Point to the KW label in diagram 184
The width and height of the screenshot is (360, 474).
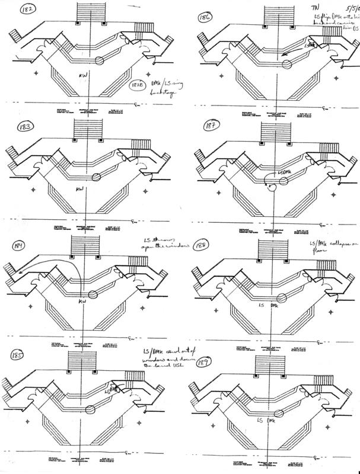pyautogui.click(x=83, y=302)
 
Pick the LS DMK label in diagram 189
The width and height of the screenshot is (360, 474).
pyautogui.click(x=269, y=420)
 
